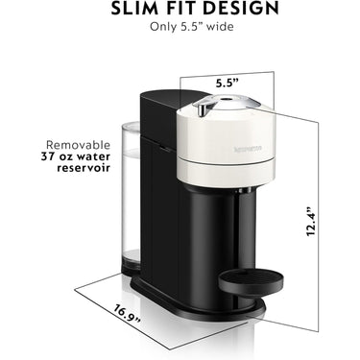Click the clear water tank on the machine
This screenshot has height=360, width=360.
133,202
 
